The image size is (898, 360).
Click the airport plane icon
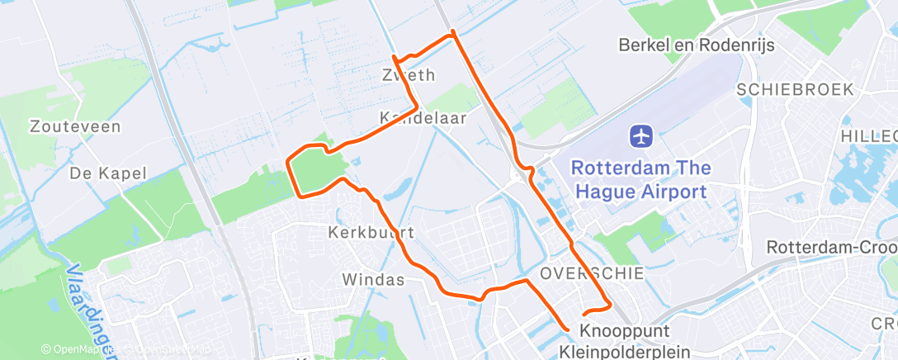coord(641,135)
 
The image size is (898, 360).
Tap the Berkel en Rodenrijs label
coord(696,45)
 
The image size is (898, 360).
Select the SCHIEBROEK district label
coord(795,89)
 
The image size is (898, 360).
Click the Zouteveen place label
coord(75,127)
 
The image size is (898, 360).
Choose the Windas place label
coord(374,280)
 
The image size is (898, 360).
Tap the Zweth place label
coord(408,75)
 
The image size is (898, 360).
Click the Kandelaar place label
coord(423,118)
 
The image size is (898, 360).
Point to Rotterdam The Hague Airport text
coord(640,180)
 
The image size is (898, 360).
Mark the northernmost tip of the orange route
coord(452,32)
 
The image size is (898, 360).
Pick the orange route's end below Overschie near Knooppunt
coord(567,329)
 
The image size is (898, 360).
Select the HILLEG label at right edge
coord(869,135)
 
